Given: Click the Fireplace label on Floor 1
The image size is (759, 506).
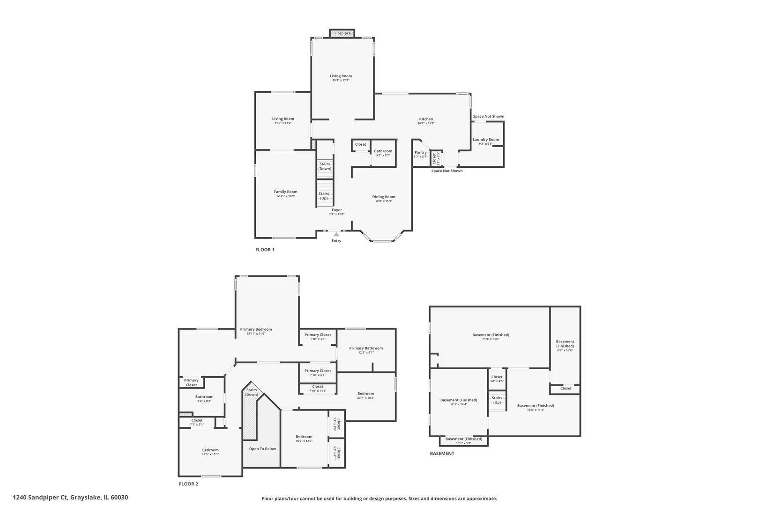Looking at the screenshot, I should (342, 33).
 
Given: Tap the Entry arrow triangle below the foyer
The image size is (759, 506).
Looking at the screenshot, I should (336, 234).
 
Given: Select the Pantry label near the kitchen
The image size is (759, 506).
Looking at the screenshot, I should (421, 152).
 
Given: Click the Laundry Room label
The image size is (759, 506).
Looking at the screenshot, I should (486, 140).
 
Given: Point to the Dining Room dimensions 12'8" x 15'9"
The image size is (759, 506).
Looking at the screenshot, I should (384, 201).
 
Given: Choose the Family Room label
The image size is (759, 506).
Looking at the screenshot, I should (286, 192).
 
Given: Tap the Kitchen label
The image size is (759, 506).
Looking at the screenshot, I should (426, 119).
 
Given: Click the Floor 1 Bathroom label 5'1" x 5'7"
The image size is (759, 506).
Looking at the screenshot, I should (383, 151).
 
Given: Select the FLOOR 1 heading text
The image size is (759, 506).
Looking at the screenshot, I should (265, 250).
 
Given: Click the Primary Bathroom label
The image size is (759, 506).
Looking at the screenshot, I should (366, 348).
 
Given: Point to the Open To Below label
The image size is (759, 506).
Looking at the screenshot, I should (262, 449).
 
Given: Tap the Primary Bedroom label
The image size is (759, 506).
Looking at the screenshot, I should (256, 329).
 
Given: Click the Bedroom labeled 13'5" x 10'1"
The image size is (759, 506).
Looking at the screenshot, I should (210, 450).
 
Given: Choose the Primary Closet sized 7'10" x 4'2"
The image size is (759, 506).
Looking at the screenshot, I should (318, 371).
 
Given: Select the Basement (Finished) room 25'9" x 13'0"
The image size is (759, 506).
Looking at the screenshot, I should (491, 335).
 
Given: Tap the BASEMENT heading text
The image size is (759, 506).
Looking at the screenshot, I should (442, 454).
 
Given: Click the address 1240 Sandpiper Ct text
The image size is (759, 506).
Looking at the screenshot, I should (70, 498).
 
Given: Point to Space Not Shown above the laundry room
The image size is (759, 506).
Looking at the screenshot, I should (489, 117).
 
